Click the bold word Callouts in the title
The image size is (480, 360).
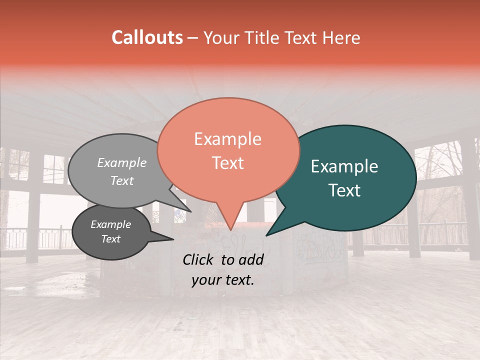[x=147, y=37]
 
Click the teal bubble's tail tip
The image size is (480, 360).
[x=266, y=235]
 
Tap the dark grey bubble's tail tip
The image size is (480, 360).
[x=173, y=239]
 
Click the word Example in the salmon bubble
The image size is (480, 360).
[x=227, y=139]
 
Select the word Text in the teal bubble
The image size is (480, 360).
[x=345, y=190]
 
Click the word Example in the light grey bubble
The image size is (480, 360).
[x=121, y=163]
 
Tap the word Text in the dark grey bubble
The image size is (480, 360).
[x=110, y=239]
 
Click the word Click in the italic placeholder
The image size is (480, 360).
[x=199, y=259]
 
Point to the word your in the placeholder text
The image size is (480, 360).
[x=205, y=280]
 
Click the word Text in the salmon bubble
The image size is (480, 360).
[x=227, y=163]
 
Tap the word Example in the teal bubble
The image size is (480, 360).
[x=344, y=166]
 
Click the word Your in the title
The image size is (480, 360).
[x=220, y=37]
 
